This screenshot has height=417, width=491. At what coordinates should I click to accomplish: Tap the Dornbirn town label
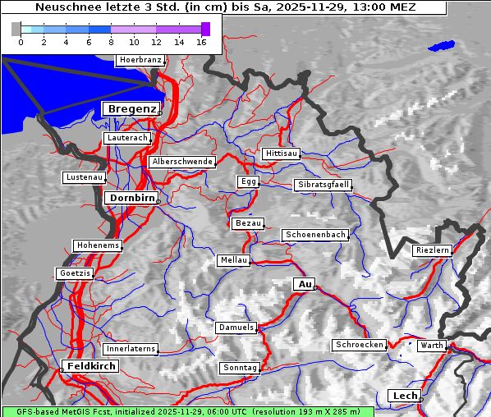pos(131,198)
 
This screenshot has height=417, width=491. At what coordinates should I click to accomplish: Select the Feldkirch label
pos(91,365)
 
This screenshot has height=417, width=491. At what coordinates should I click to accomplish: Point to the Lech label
pos(405,396)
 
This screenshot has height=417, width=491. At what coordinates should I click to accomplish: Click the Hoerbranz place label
pos(140,60)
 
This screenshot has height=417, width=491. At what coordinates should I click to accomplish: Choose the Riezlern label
pos(433,250)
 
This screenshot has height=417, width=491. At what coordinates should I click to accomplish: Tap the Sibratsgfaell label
pos(324,185)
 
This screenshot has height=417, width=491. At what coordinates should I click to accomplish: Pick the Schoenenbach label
pos(315,235)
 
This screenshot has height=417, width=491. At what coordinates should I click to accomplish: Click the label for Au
pos(305,284)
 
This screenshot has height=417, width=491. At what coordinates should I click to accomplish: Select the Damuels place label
pos(237,328)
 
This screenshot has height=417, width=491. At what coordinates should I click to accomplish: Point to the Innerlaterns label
pos(131,349)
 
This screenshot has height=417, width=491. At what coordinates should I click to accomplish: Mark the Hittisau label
pos(282,154)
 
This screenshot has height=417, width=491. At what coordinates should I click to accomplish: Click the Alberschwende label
pos(181,162)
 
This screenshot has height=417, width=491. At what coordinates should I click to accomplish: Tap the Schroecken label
pos(360,345)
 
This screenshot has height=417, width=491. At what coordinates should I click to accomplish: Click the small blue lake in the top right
pos(442,45)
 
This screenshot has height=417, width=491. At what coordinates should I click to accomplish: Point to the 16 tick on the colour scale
pos(201,41)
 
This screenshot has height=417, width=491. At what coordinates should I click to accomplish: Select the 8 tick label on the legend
pos(111,41)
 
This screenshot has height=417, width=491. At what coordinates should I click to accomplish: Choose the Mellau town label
pos(232,260)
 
